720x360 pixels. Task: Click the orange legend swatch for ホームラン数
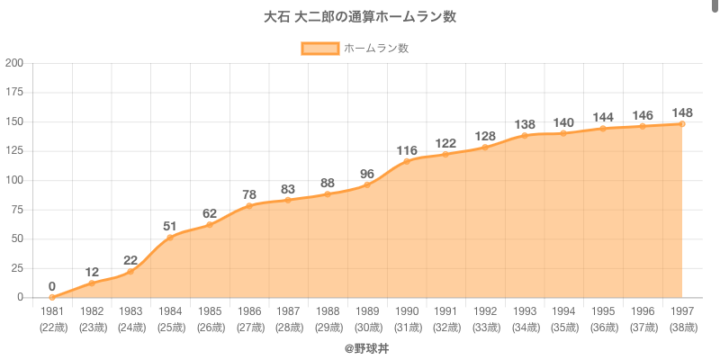pyautogui.click(x=320, y=49)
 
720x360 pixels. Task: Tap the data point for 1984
pyautogui.click(x=170, y=238)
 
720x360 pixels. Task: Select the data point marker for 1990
pyautogui.click(x=406, y=161)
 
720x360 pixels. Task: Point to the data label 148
pyautogui.click(x=682, y=112)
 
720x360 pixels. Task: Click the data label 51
pyautogui.click(x=170, y=226)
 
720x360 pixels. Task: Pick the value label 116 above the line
pyautogui.click(x=406, y=150)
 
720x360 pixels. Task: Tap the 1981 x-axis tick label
pyautogui.click(x=52, y=310)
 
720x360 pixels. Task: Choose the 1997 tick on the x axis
pyautogui.click(x=682, y=310)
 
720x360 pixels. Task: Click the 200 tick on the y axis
pyautogui.click(x=14, y=63)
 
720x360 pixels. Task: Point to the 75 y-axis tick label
pyautogui.click(x=17, y=210)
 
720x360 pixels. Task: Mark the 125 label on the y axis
pyautogui.click(x=14, y=151)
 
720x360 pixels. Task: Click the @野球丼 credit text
pyautogui.click(x=366, y=347)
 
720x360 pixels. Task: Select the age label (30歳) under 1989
pyautogui.click(x=367, y=327)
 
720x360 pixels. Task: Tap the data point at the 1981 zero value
pyautogui.click(x=52, y=297)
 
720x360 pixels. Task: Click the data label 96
pyautogui.click(x=367, y=174)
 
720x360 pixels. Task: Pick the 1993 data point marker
pyautogui.click(x=525, y=136)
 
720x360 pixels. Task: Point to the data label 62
pyautogui.click(x=210, y=213)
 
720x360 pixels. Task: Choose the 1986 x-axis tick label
pyautogui.click(x=249, y=310)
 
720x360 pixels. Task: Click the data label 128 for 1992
pyautogui.click(x=485, y=136)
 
